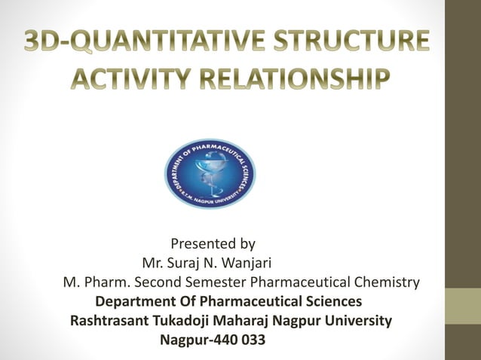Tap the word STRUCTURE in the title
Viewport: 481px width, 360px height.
(x=356, y=41)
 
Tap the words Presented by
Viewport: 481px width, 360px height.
(x=213, y=244)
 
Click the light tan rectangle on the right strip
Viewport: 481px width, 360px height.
(x=463, y=306)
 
